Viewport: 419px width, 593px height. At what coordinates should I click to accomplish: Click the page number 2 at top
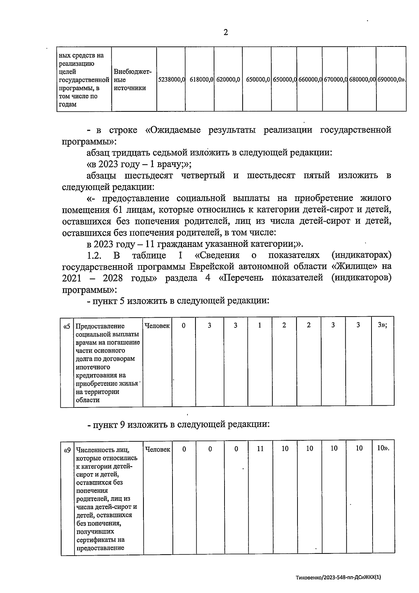click(226, 32)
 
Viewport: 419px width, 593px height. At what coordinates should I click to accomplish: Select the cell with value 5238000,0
click(171, 80)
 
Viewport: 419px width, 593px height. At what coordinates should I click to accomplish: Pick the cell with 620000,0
click(228, 80)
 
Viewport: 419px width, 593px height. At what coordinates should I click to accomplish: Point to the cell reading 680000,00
click(362, 80)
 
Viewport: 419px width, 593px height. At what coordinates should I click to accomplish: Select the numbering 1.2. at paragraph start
click(94, 255)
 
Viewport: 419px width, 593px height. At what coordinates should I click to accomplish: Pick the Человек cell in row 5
click(157, 326)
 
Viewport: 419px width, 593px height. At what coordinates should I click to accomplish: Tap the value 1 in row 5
click(260, 325)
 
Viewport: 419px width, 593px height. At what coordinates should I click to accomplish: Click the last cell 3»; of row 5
click(382, 325)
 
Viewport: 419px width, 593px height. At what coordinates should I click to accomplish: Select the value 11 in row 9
click(260, 449)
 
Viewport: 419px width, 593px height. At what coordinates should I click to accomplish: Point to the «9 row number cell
click(67, 450)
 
